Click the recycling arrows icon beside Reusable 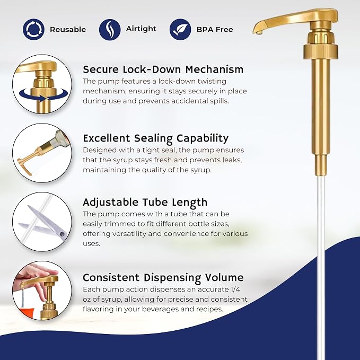[x=33, y=29]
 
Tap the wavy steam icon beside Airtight [x=110, y=29]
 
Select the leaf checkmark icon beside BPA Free [x=180, y=29]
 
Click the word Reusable [x=68, y=30]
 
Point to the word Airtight [x=141, y=29]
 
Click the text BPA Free [x=215, y=30]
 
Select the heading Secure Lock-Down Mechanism [x=163, y=69]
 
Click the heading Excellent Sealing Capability [x=156, y=138]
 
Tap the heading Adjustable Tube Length [x=145, y=203]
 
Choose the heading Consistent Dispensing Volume [x=163, y=278]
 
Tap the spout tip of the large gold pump [x=259, y=32]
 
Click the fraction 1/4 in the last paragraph [x=235, y=289]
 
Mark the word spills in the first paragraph [x=219, y=101]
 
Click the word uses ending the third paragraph [x=91, y=243]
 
